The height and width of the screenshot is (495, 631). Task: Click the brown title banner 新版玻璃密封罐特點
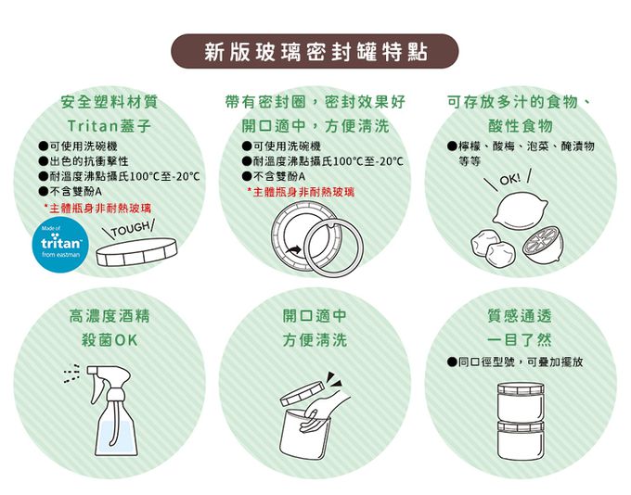coord(315,52)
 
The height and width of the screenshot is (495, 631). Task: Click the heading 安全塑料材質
coord(109,100)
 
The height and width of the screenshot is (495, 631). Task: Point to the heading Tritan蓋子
coord(109,124)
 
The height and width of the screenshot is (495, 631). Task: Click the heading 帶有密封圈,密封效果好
coord(315,100)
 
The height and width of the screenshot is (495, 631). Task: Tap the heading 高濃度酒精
coord(109,316)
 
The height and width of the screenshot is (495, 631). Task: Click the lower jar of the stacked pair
coord(522,439)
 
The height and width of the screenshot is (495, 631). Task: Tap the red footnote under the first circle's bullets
coord(98,208)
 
